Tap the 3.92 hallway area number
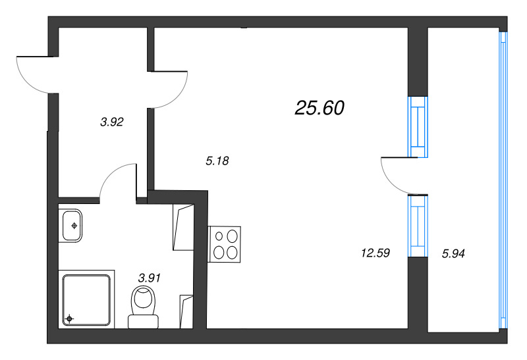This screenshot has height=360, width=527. coord(112,122)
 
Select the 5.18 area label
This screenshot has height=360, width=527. coord(217,160)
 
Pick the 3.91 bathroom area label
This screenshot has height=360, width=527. coord(149,278)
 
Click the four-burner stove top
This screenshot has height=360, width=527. coord(225,244)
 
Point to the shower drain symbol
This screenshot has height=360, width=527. coord(69,320)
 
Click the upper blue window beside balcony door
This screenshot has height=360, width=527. coord(416,127)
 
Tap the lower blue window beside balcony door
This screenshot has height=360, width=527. coord(416,225)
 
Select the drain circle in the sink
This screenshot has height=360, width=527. coord(74,226)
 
